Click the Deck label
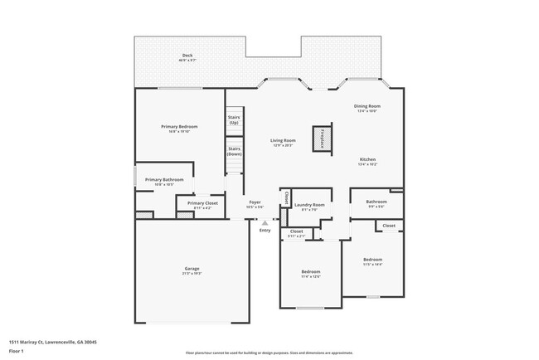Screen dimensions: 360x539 coord(187,57)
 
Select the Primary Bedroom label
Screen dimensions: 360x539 coord(179,127)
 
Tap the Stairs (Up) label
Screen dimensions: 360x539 coord(234,120)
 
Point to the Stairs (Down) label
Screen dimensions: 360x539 coord(234,152)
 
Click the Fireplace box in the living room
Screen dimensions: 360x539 coord(322,139)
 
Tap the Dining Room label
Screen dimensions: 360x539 coord(367,107)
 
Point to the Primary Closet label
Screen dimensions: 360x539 coord(202,203)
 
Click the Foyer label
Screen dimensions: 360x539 coord(255,202)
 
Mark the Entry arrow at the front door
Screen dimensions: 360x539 coord(265,222)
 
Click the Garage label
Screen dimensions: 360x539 coord(191,270)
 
